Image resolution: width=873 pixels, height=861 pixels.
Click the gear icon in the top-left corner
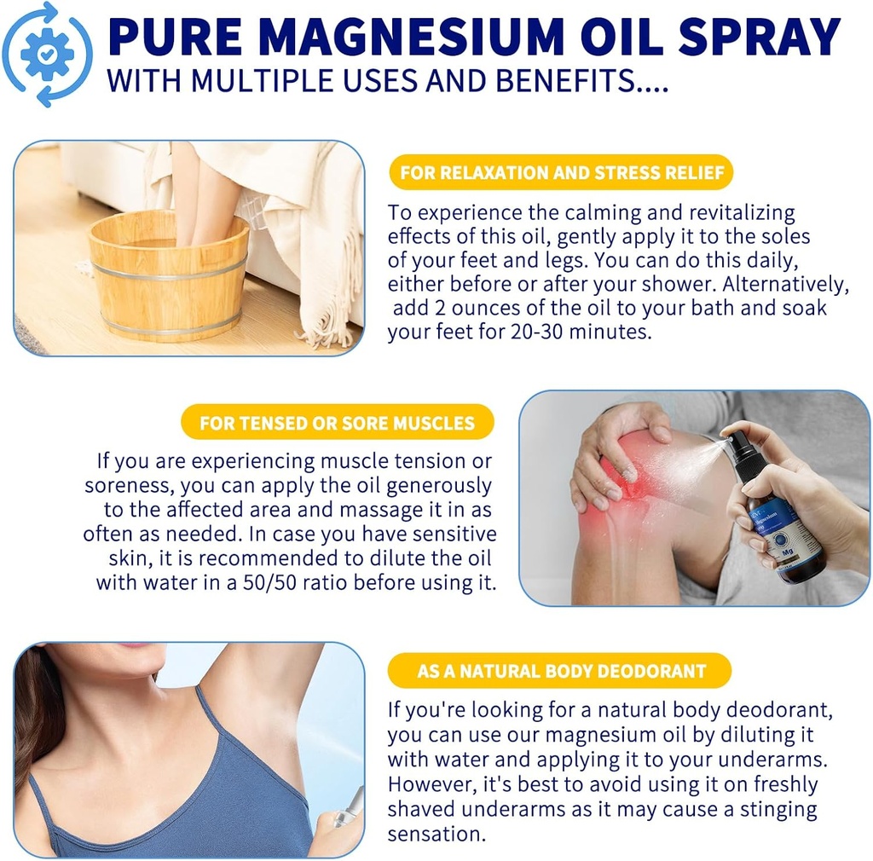[46, 54]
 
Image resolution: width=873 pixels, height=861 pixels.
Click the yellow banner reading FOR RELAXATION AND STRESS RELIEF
[561, 173]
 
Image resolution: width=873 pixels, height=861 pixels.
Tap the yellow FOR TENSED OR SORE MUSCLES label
[337, 423]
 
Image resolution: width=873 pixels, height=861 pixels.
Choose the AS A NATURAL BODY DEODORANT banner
[560, 671]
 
